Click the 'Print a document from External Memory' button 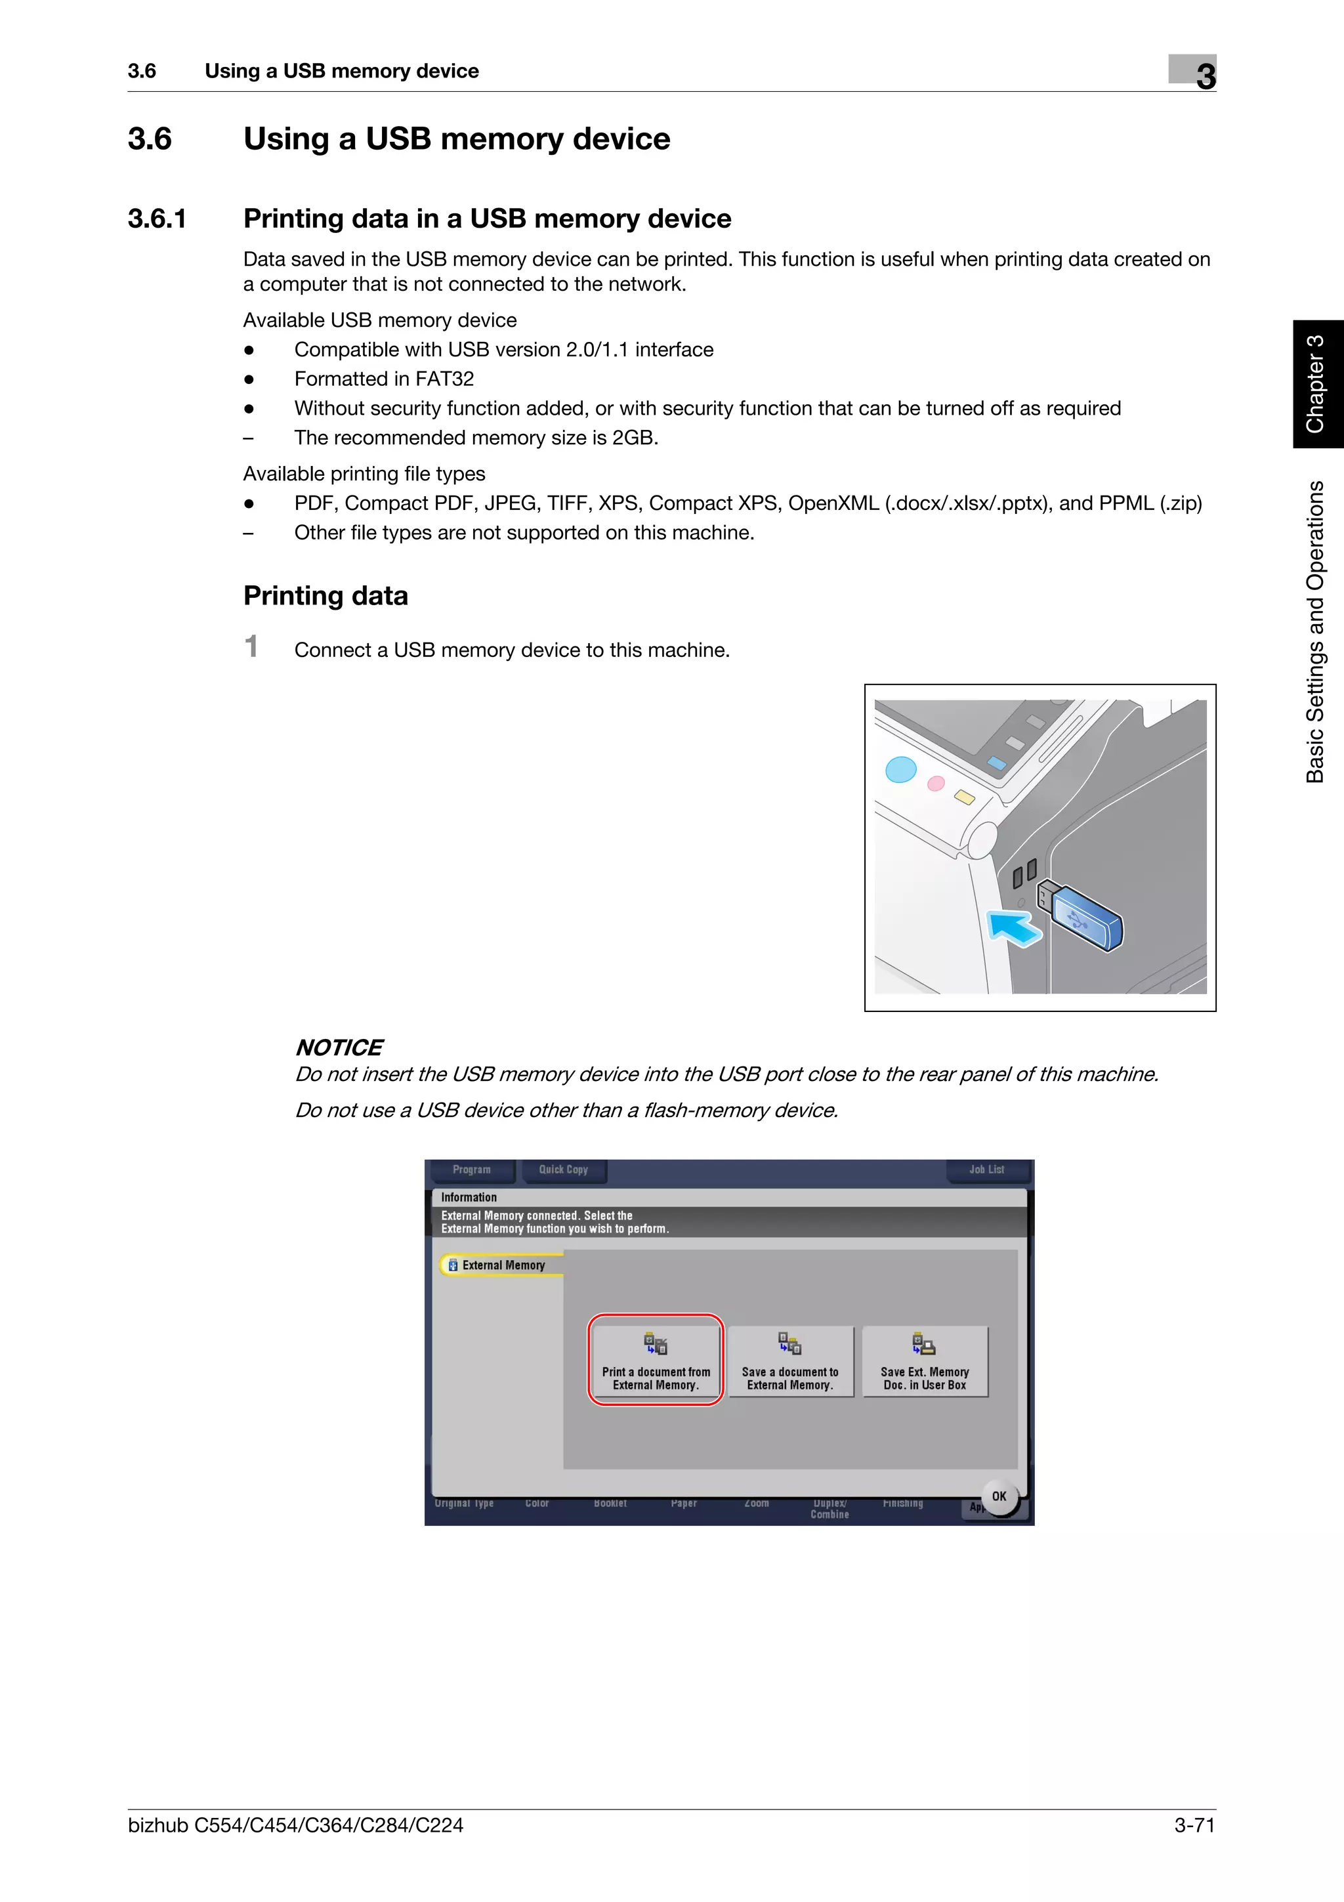pyautogui.click(x=656, y=1361)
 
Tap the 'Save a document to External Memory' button pyautogui.click(x=790, y=1361)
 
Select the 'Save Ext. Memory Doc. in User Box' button pyautogui.click(x=925, y=1361)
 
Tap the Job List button pyautogui.click(x=986, y=1170)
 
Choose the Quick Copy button pyautogui.click(x=563, y=1170)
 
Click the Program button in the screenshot pyautogui.click(x=471, y=1170)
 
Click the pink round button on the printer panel pyautogui.click(x=936, y=783)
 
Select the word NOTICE pyautogui.click(x=339, y=1048)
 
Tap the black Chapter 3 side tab pyautogui.click(x=1316, y=385)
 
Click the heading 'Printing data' pyautogui.click(x=325, y=596)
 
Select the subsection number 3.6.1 pyautogui.click(x=157, y=219)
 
